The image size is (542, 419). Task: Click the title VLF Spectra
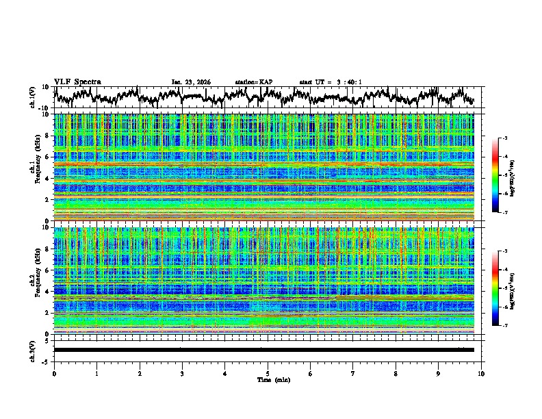tap(77, 81)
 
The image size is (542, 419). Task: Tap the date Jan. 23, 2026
tap(191, 82)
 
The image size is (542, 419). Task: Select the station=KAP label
tap(254, 82)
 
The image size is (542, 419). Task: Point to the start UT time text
tap(331, 82)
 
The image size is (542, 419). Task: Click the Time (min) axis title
tap(268, 379)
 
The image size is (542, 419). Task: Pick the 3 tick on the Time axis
tap(182, 373)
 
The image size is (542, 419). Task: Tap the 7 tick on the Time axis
tap(353, 373)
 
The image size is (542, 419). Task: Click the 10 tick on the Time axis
tap(481, 373)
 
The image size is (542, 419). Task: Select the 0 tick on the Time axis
tap(54, 373)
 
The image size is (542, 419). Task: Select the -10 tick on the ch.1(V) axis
tap(44, 108)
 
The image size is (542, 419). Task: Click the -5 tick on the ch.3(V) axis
tap(45, 360)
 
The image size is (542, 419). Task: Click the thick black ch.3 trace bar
tap(263, 350)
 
